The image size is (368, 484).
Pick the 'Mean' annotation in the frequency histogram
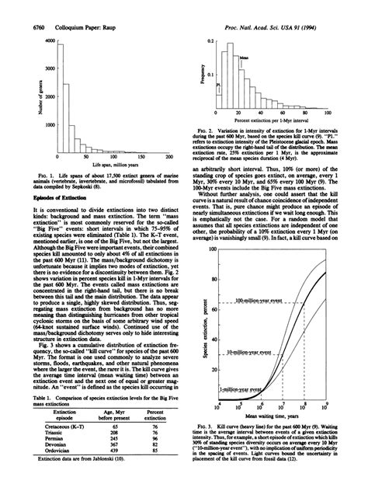coord(244,58)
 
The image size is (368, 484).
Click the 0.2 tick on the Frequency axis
coord(210,39)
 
